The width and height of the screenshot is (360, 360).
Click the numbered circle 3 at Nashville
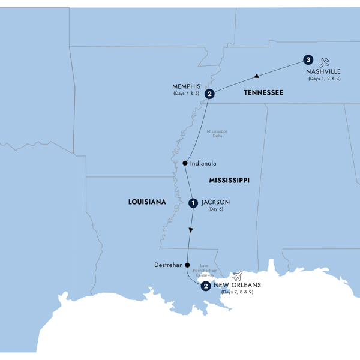point(308,60)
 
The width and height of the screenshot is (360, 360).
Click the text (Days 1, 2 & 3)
point(324,79)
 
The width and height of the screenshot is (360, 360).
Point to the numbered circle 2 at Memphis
point(209,94)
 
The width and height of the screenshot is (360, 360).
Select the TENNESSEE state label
point(263,93)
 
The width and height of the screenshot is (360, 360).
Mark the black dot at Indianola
point(185,163)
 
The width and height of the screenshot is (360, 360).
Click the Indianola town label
point(203,163)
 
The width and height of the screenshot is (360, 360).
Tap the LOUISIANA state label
point(146,203)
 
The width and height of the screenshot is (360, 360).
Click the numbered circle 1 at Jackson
point(193,203)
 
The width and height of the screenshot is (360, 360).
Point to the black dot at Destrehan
point(187,265)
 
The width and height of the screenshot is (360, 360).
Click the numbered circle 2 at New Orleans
point(206,286)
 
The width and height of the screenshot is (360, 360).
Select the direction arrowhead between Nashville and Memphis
point(256,76)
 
